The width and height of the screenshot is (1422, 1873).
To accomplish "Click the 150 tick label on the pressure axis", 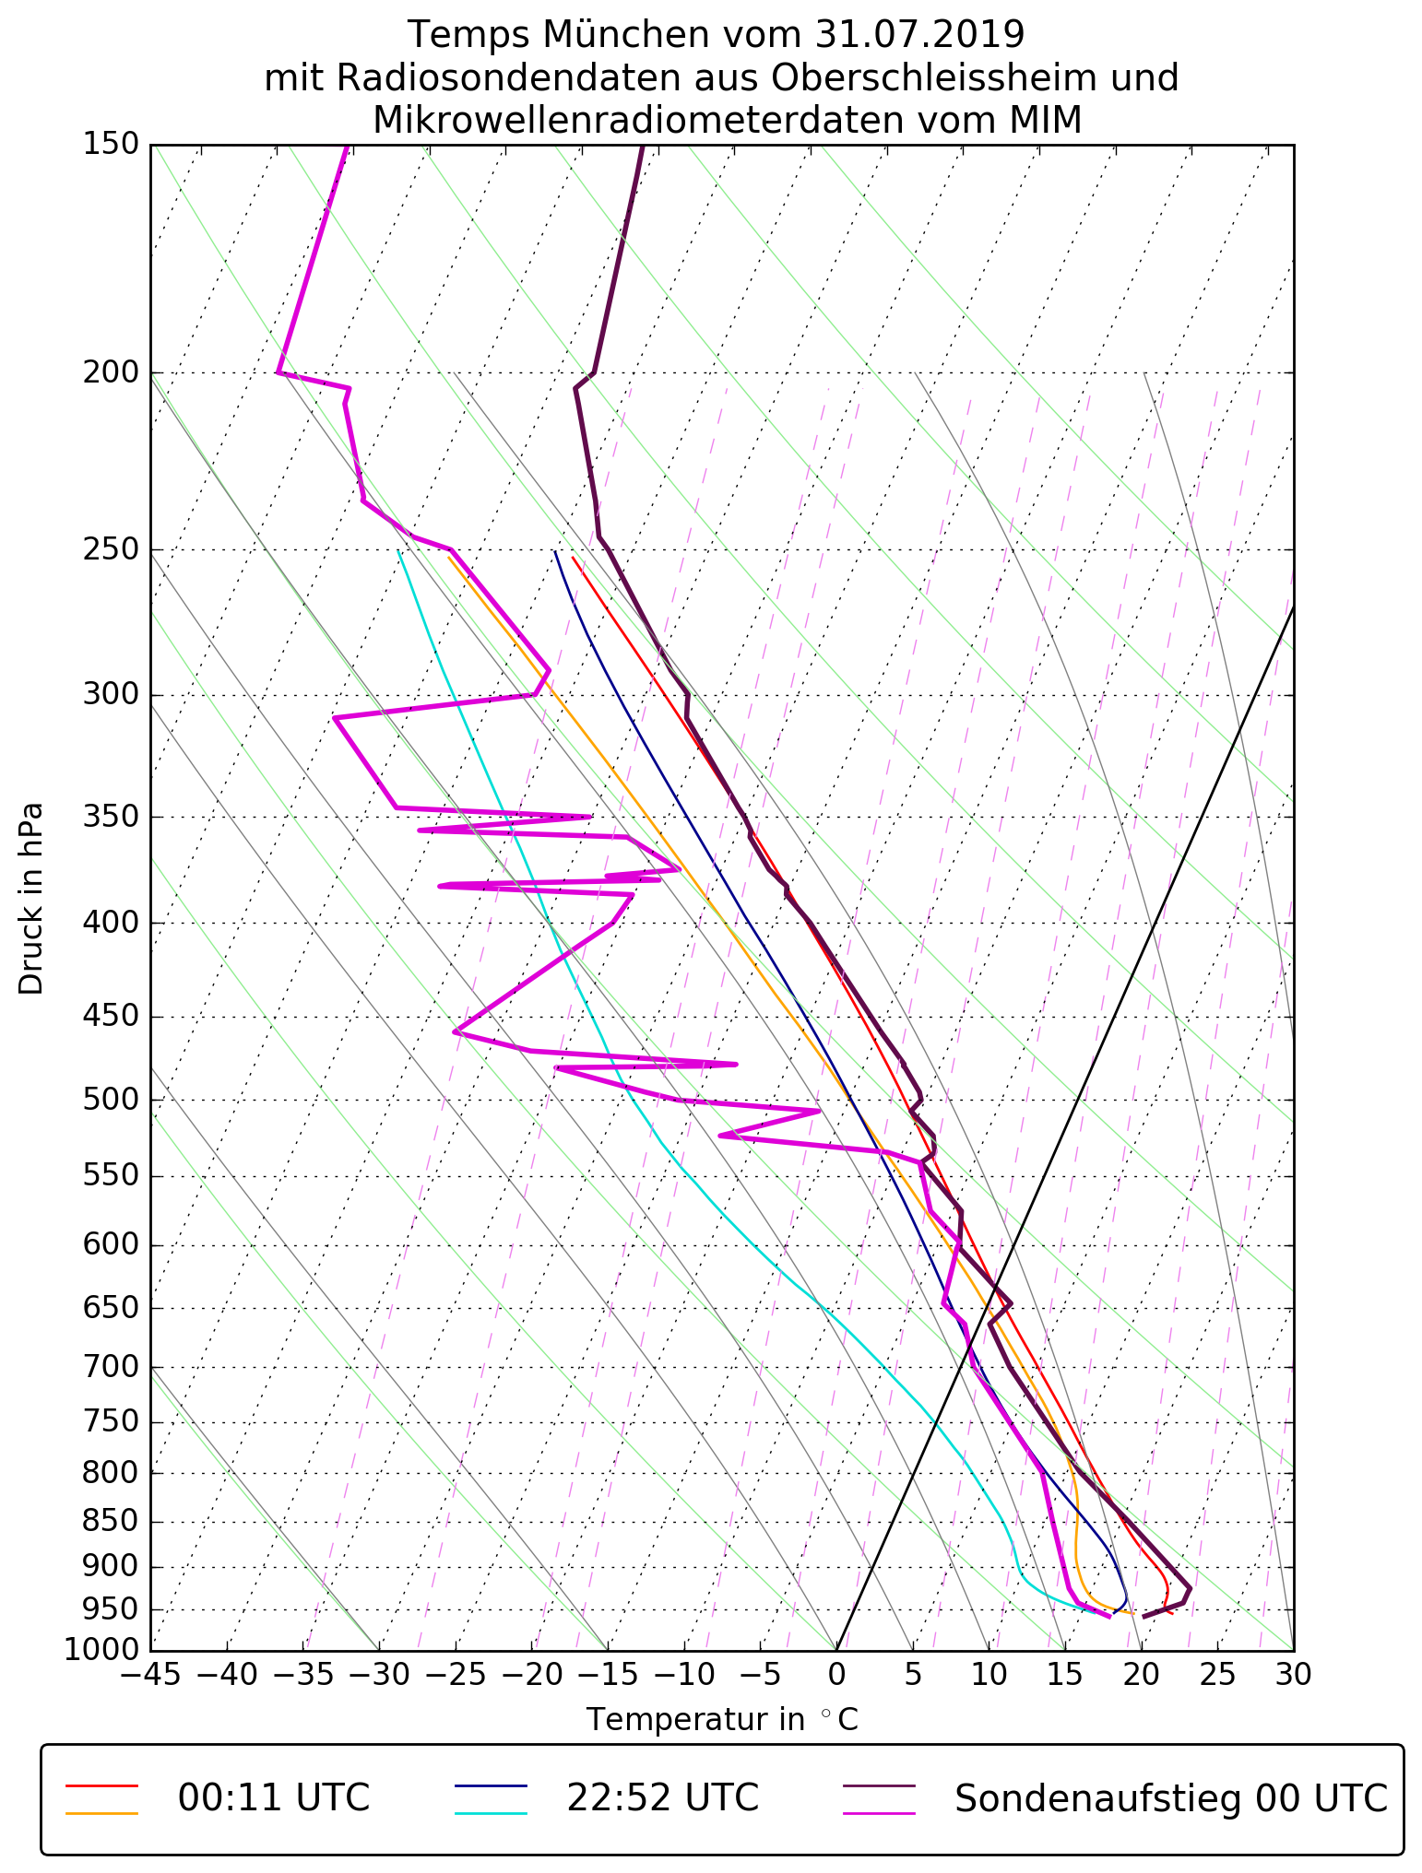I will pos(110,145).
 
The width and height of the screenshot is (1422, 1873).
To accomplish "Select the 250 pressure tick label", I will pos(110,550).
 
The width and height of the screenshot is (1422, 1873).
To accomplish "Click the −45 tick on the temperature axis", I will pos(150,1675).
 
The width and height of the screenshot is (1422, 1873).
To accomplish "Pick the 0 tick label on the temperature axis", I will pos(836,1675).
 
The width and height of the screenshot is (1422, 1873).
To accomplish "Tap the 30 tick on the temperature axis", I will pos(1293,1675).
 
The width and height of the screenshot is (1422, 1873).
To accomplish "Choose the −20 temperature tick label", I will pos(531,1675).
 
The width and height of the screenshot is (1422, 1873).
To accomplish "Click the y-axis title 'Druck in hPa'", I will pos(31,899).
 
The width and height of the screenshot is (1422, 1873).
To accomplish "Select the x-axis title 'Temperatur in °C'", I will pos(722,1720).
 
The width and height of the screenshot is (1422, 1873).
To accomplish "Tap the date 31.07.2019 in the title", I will pos(919,35).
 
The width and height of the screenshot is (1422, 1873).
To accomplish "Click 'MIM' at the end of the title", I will pos(1041,121).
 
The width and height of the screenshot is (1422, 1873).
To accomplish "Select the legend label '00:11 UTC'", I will pos(274,1798).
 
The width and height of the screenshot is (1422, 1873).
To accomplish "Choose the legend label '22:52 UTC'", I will pos(662,1798).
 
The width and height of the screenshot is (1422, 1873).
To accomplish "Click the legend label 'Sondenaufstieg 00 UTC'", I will pos(1170,1798).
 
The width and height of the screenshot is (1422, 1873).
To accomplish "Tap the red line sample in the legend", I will pos(101,1785).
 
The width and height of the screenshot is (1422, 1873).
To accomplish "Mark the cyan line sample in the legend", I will pos(490,1813).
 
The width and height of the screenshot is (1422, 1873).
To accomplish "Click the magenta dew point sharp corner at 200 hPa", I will pos(278,372).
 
